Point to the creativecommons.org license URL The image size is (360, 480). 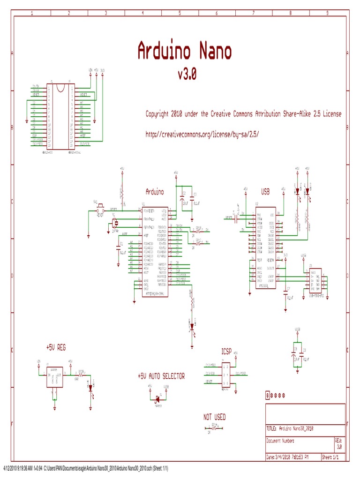coord(202,134)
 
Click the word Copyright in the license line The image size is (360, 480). coord(157,114)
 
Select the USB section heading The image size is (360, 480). coord(265,192)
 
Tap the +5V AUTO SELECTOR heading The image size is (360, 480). coord(161,376)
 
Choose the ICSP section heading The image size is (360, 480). coord(227,351)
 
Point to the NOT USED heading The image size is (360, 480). coord(214,417)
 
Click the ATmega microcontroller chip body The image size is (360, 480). coord(155,248)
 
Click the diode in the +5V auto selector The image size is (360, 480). coord(157,399)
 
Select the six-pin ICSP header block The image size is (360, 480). coord(226,375)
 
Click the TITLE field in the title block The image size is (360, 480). coord(295,428)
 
